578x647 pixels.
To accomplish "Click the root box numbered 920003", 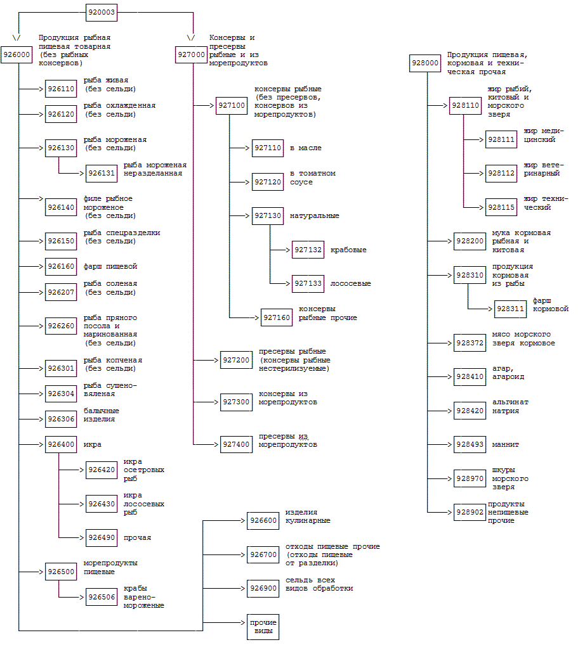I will pos(102,12).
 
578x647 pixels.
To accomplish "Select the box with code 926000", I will pos(16,55).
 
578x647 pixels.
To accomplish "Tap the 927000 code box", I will pos(190,55).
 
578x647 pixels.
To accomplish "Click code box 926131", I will pos(102,173).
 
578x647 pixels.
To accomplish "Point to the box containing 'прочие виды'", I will pos(263,627).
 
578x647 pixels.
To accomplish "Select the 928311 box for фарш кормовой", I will pos(510,309).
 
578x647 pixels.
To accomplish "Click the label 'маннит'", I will pos(506,444).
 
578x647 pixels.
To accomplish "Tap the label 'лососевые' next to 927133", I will pos(350,283).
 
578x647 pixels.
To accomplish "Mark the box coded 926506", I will pos(102,597).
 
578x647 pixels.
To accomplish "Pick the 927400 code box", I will pos(235,445).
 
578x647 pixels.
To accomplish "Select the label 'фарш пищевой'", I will pos(110,266).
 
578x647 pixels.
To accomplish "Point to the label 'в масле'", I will pos(306,148).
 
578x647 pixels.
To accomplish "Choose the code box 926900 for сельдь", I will pos(263,588).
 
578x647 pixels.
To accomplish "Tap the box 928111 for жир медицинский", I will pos(501,139).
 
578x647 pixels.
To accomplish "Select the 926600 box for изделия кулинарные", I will pos(263,521).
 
